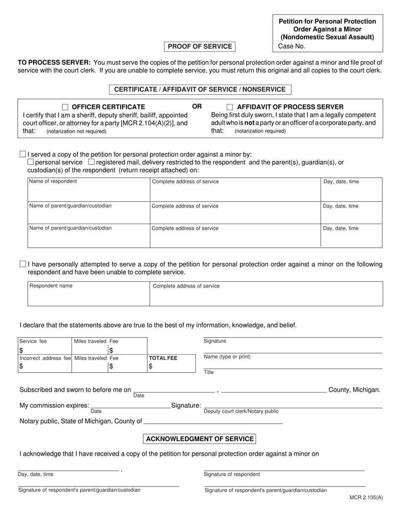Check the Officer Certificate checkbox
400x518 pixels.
(65, 107)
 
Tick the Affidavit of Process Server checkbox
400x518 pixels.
(230, 107)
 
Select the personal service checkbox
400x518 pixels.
(31, 162)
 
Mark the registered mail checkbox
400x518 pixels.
(91, 162)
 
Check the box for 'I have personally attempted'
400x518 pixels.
(23, 264)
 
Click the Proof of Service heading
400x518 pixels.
(200, 46)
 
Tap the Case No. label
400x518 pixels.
(292, 46)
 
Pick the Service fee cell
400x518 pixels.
(45, 345)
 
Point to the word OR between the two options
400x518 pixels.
(197, 107)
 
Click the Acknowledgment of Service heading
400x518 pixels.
(200, 439)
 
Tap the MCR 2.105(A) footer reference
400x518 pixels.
(366, 497)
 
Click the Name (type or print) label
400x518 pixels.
(227, 357)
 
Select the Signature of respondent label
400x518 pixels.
(232, 474)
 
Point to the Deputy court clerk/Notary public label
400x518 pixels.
(241, 411)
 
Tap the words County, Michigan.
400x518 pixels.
(354, 390)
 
